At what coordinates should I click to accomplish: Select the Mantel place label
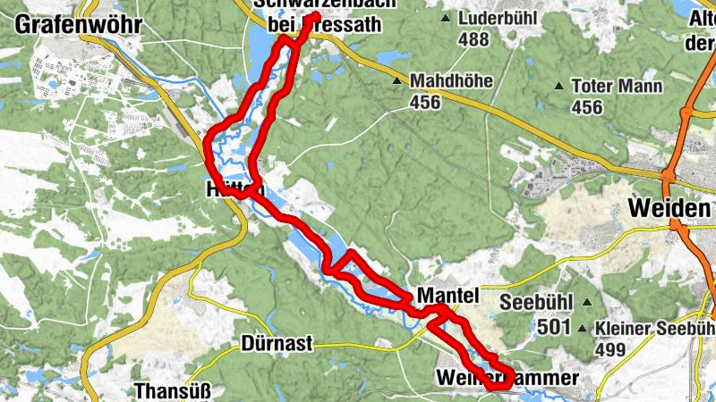tap(448, 295)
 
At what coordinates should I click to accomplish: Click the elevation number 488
tap(473, 39)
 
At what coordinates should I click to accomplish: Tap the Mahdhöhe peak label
tap(451, 81)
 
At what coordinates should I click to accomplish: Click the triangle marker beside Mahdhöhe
tap(396, 81)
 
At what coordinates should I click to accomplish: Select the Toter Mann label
tap(618, 87)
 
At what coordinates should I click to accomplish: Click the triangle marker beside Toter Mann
tap(559, 87)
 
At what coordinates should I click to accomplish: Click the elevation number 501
tap(555, 328)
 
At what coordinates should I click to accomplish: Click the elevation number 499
tap(609, 349)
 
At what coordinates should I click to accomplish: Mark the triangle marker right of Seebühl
tap(586, 302)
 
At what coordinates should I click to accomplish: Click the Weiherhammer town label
tap(507, 378)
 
